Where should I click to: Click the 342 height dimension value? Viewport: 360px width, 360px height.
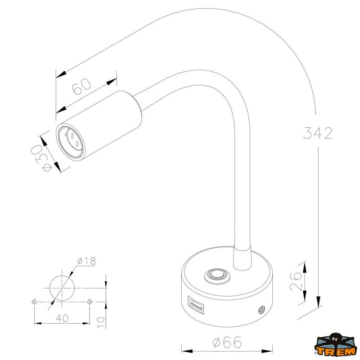tap(318, 133)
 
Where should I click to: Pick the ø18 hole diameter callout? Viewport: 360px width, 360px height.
tap(86, 261)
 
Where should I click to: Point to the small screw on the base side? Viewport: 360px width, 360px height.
tap(261, 310)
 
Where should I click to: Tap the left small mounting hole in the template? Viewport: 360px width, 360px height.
tap(35, 301)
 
